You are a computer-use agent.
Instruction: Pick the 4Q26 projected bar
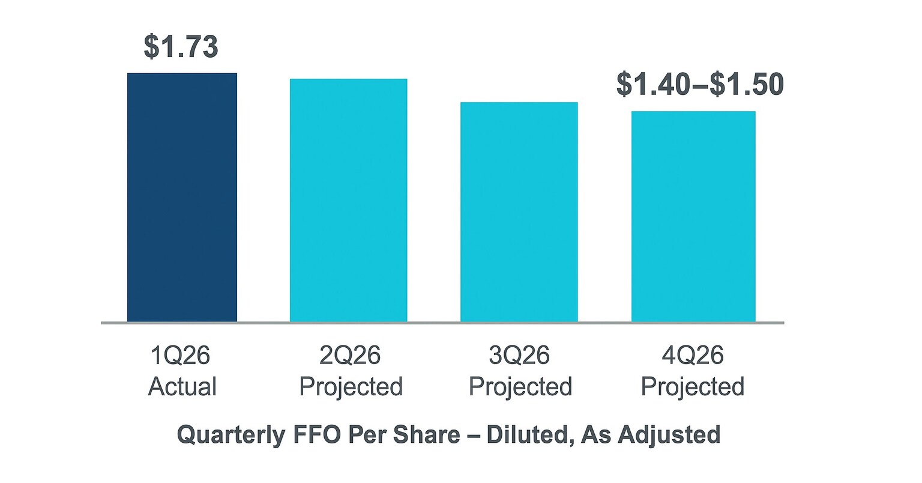coord(693,216)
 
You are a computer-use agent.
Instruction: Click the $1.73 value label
coord(181,47)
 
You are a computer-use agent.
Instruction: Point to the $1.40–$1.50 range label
coord(700,85)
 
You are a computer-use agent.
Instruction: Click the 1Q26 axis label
coord(181,356)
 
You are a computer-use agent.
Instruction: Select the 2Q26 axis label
coord(350,356)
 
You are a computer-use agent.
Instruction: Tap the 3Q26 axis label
coord(519,356)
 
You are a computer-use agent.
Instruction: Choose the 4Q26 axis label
coord(693,356)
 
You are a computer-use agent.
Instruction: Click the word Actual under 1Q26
coord(182,386)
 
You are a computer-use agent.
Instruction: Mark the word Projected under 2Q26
coord(351,386)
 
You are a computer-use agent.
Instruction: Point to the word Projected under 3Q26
coord(520,386)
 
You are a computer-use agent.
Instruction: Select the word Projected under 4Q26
coord(693,386)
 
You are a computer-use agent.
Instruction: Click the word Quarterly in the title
coord(230,434)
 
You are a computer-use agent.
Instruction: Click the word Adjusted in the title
coord(672,434)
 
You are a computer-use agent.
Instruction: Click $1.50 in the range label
coord(747,85)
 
